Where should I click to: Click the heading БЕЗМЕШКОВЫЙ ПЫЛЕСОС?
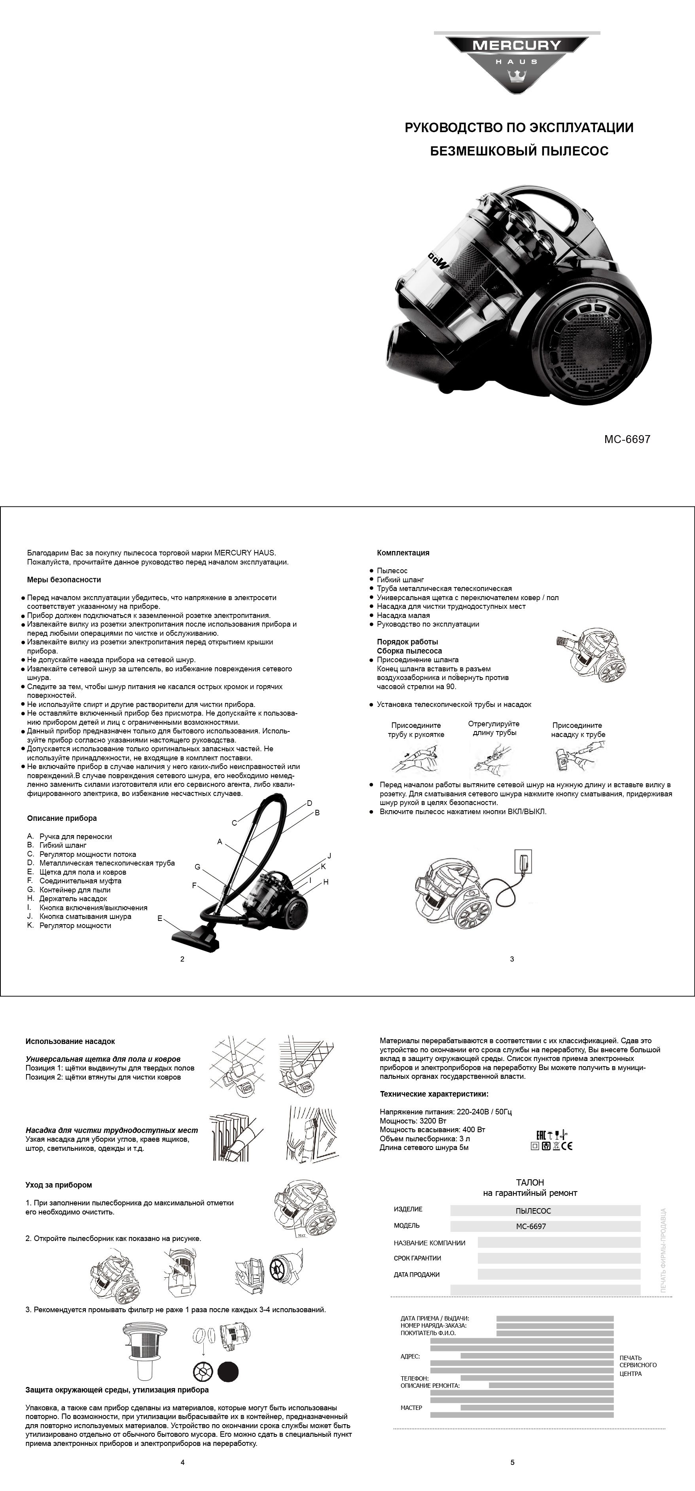[x=519, y=152]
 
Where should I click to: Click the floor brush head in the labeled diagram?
[x=194, y=935]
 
